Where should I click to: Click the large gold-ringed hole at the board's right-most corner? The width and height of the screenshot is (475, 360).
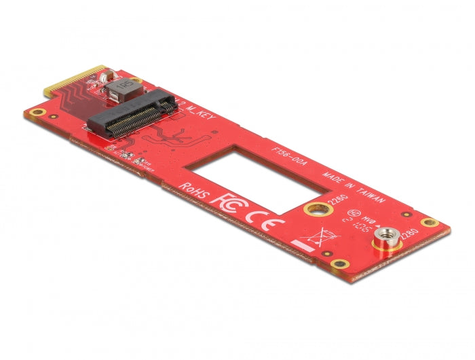(427, 223)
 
